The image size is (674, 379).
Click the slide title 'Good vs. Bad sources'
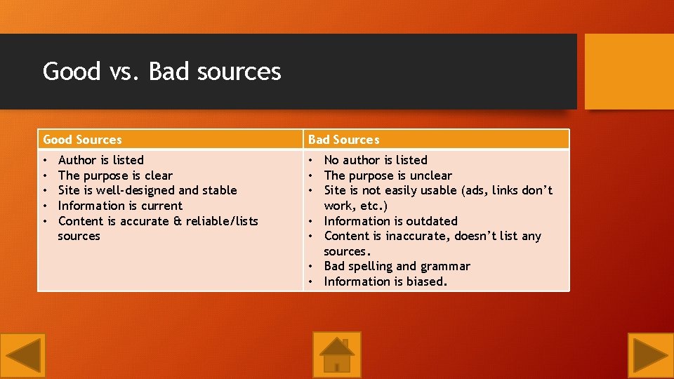(x=161, y=72)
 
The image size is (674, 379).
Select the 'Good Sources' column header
(x=82, y=140)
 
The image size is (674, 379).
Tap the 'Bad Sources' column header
(x=343, y=140)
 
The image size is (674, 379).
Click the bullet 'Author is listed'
(x=100, y=160)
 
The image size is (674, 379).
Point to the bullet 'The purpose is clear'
(x=115, y=175)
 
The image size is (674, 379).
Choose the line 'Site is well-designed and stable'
(x=147, y=190)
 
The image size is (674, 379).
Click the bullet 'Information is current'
(x=120, y=206)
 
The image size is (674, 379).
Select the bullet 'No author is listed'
(x=375, y=160)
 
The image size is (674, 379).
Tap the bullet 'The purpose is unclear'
(x=388, y=175)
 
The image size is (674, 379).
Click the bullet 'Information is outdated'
(x=390, y=221)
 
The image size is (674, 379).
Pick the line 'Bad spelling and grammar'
(x=397, y=266)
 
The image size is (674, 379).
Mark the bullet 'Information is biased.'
(x=385, y=281)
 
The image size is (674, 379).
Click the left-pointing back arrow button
(x=23, y=355)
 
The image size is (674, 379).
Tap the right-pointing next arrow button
(x=650, y=355)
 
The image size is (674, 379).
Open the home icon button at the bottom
(x=337, y=354)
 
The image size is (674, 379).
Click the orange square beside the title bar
(x=629, y=72)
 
